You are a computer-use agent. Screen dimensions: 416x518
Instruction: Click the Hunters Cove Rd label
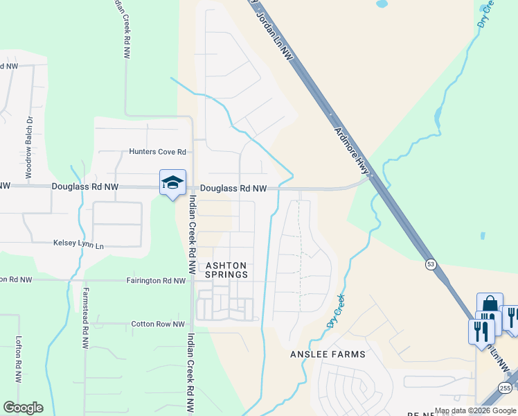coord(158,152)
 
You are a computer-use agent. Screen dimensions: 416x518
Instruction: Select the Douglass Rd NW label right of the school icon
coord(233,189)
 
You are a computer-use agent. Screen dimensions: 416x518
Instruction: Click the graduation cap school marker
coord(172,183)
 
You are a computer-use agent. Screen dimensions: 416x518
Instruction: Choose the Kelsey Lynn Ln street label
coord(78,245)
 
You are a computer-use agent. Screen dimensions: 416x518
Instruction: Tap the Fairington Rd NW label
coord(157,281)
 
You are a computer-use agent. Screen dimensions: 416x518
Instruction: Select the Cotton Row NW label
coord(159,324)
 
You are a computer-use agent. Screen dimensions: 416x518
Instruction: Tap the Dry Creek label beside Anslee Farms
coord(334,312)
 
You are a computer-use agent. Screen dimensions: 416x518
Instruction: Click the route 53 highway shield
coord(431,265)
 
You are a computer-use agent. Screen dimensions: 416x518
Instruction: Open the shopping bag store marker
coord(489,305)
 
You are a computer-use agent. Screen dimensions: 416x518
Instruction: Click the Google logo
coord(23,408)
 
